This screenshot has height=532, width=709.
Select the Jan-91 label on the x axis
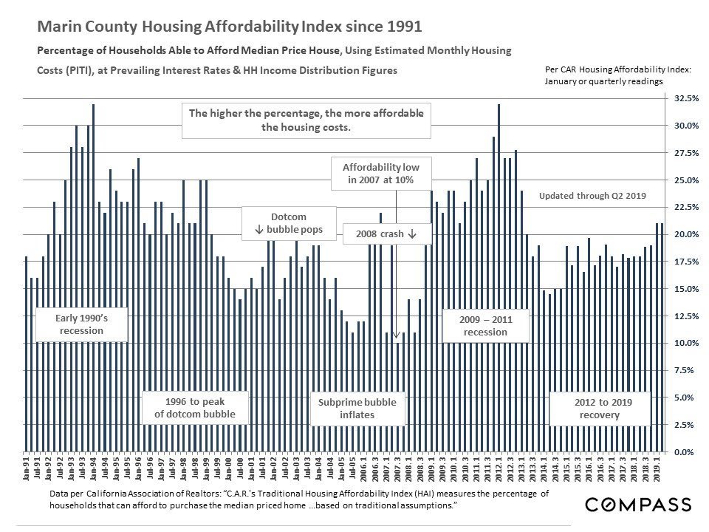[27, 471]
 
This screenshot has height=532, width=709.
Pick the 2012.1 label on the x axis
[499, 471]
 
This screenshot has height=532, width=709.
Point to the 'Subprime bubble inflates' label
[357, 409]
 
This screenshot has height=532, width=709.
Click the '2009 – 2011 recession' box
[485, 326]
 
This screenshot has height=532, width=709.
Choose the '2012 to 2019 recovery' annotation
[599, 409]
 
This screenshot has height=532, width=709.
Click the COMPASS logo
[638, 505]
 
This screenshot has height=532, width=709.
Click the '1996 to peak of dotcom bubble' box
[195, 409]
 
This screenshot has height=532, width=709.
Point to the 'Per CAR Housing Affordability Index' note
[617, 69]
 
